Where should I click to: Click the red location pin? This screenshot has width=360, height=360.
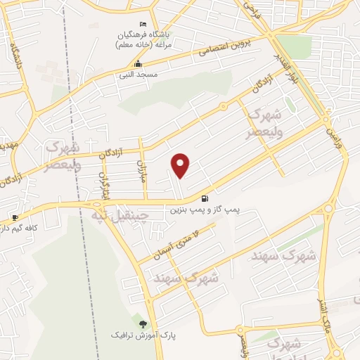click(x=181, y=165)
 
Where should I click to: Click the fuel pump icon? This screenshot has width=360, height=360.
click(x=204, y=198)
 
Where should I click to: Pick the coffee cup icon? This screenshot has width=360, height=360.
click(x=15, y=217)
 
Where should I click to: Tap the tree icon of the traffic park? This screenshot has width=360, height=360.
click(x=143, y=324)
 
